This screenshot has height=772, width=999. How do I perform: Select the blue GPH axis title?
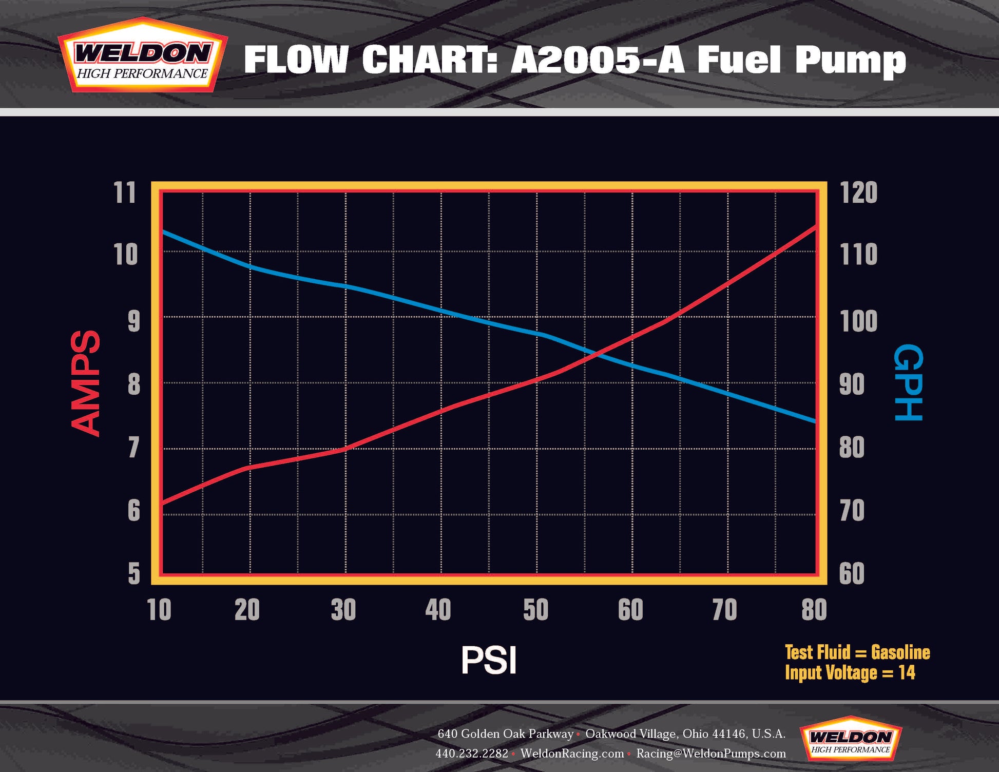909,383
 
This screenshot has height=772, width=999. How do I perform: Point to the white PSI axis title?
488,660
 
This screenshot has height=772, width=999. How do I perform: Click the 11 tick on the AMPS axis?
125,193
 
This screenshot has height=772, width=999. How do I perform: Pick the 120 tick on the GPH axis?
859,193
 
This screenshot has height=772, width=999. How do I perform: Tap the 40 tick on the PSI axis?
438,610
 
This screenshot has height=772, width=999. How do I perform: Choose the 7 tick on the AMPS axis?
133,448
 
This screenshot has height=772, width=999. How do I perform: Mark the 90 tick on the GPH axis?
852,384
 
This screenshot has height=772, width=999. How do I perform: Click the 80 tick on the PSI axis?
814,610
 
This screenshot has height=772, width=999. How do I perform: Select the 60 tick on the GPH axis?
852,573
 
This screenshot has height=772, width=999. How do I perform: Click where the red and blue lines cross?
597,354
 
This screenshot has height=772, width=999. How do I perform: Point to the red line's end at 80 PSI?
815,226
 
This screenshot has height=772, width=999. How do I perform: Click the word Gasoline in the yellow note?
900,652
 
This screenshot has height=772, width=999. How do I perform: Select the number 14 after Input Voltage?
907,673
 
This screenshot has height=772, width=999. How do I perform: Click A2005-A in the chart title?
598,60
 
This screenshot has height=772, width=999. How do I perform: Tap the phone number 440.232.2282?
472,754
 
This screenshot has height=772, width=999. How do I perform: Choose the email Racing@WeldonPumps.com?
711,754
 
